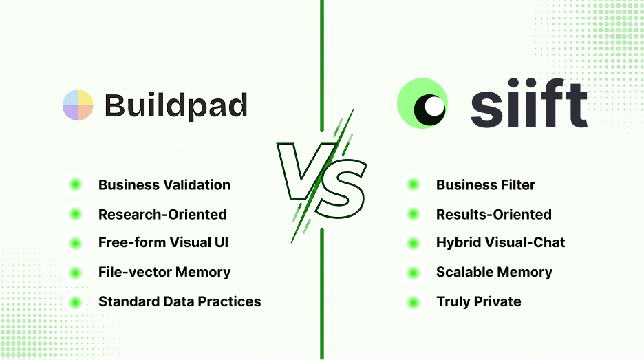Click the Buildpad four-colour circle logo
pos(78,105)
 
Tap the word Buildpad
pos(176,106)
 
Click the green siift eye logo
pos(422,103)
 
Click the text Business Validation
pos(164,185)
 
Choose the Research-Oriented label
pos(162,215)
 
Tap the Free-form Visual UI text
pos(164,242)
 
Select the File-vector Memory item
pos(164,272)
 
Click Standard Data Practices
pos(180,301)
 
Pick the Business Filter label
pos(486,185)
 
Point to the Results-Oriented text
pos(494,215)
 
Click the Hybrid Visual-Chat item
pos(501,242)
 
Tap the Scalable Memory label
pos(494,272)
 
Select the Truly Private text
pos(478,301)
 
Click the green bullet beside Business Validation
pos(76,184)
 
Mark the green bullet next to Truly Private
pos(414,303)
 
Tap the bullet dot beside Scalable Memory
pos(414,273)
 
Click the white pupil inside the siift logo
pos(433,107)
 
